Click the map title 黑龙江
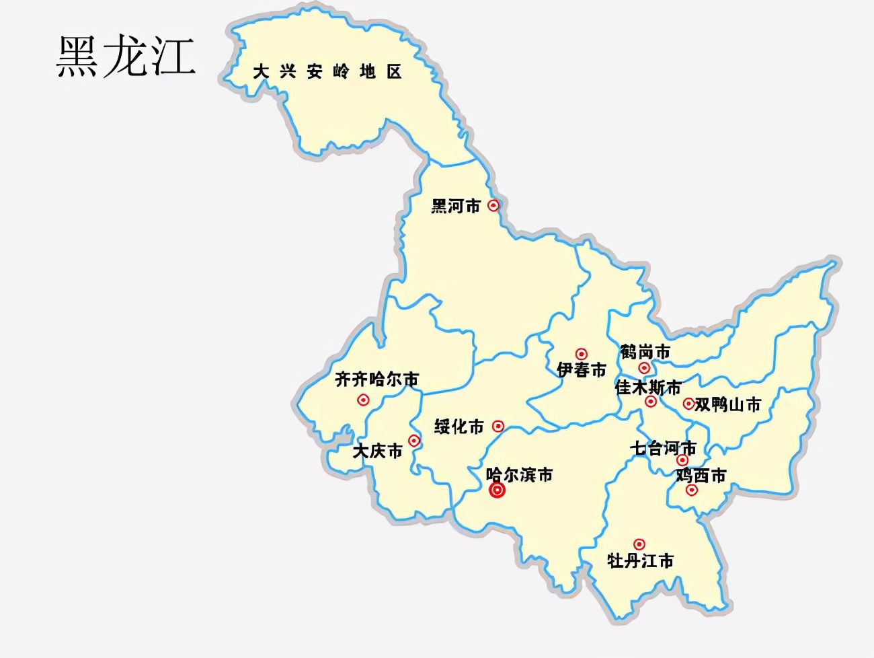coord(126,56)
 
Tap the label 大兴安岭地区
coord(327,71)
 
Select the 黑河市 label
coord(456,206)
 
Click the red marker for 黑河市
coord(493,205)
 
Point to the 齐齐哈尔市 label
coord(376,379)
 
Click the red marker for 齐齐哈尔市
coord(363,400)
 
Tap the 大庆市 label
coord(377,451)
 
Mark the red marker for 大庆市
coord(414,441)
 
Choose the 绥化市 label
coord(459,427)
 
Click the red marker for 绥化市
coord(498,426)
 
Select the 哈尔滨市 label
coord(519,475)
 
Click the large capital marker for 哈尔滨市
coord(497,490)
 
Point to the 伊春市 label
coord(581,370)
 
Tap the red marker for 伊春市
coord(582,354)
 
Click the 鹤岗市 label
coord(645,352)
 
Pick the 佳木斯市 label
coord(647,388)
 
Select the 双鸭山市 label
coord(727,404)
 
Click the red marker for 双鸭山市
coord(688,404)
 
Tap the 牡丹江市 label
coord(640,560)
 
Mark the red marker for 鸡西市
coord(692,490)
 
